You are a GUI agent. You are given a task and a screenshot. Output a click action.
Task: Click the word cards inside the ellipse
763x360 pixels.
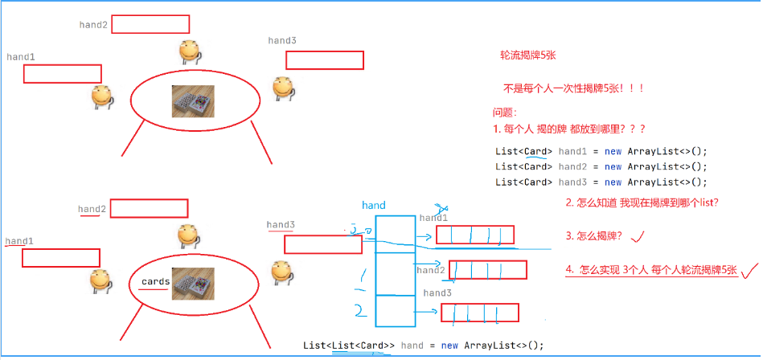pos(155,282)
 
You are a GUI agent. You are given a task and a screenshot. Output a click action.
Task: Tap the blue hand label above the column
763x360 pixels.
pos(374,206)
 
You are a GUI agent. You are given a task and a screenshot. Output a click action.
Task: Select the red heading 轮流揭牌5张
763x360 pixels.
pos(529,56)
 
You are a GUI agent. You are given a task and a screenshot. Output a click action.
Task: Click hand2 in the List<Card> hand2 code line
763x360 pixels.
pos(573,166)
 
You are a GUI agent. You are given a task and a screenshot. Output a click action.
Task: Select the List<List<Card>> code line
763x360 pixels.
pos(423,346)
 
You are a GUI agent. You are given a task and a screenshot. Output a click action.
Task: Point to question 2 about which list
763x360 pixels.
pos(642,203)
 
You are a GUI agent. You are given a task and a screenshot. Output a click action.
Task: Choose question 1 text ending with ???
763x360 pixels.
pos(569,129)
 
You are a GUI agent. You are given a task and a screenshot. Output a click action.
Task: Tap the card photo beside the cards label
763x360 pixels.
pos(191,284)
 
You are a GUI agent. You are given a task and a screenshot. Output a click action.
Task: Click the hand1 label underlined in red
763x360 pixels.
pos(19,241)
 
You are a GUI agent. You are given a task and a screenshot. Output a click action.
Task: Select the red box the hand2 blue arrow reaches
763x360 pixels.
pos(487,270)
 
